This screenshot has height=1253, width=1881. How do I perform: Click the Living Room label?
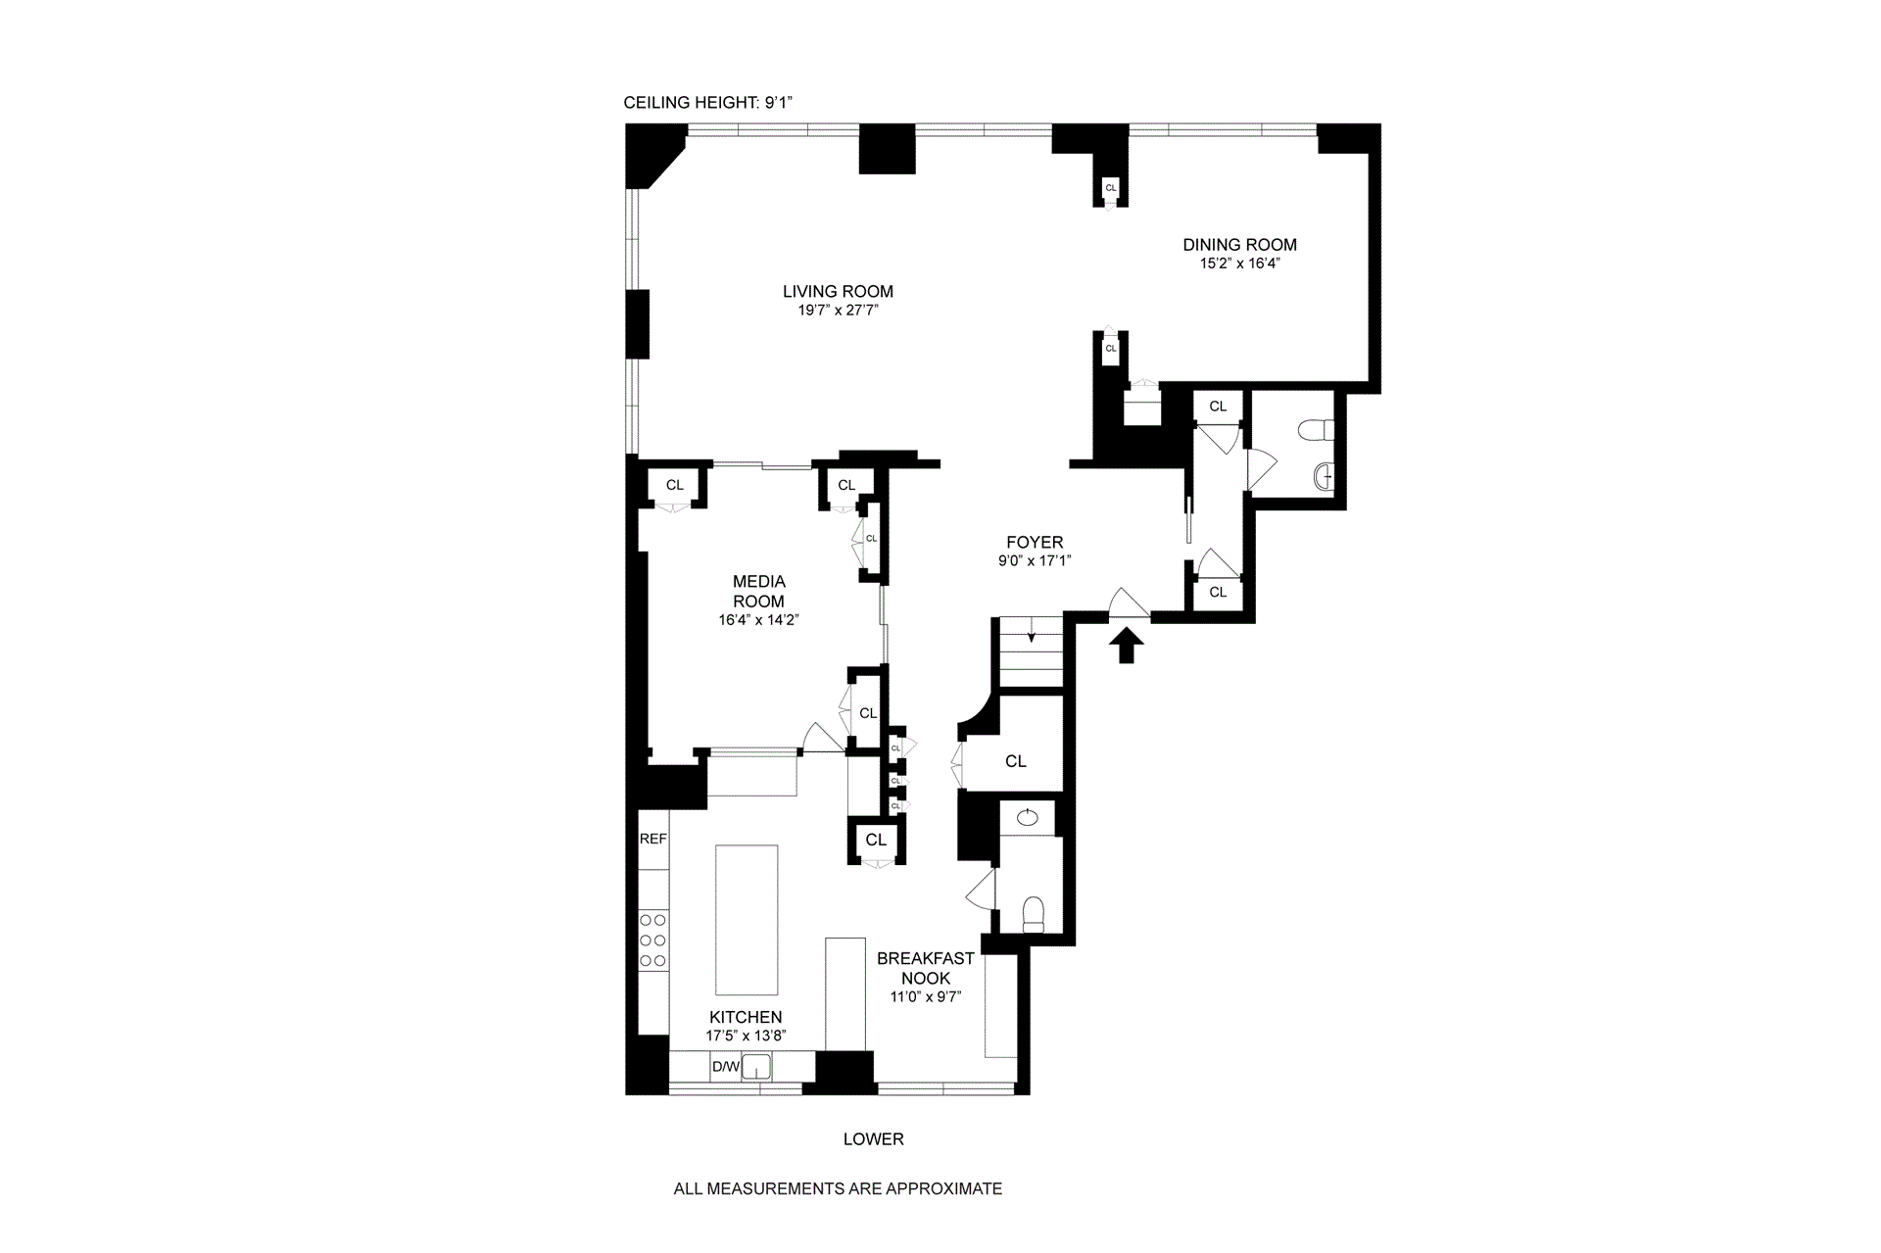point(838,291)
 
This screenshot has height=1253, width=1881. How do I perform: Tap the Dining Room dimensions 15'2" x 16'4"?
point(1239,264)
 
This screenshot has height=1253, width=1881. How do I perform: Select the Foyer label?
point(1035,542)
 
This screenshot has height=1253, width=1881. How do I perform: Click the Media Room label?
point(758,591)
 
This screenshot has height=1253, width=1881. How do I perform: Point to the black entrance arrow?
point(1127,646)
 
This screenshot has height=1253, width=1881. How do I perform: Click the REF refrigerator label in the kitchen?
point(652,839)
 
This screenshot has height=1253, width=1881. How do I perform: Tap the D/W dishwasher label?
point(725,1067)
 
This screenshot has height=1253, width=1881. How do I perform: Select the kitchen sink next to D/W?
point(756,1066)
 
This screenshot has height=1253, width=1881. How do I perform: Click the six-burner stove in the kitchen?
point(652,940)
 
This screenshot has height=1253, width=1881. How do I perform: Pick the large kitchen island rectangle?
point(747,920)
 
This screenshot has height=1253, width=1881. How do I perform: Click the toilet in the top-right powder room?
point(1314,430)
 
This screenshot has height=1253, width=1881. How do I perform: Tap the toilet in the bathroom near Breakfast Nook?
point(1035,914)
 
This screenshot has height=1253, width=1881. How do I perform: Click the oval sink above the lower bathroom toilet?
point(1027,818)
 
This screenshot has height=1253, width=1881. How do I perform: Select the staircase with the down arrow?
point(1031,651)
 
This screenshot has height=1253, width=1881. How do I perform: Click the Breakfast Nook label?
point(925,968)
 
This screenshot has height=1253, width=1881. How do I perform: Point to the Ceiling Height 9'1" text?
point(714,103)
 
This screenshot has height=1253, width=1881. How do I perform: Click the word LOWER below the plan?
point(873,1139)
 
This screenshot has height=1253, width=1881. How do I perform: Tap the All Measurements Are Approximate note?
point(838,1189)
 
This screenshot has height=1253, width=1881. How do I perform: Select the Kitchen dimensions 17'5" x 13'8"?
point(746,1036)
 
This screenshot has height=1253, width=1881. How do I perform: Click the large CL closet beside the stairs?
point(1016,761)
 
